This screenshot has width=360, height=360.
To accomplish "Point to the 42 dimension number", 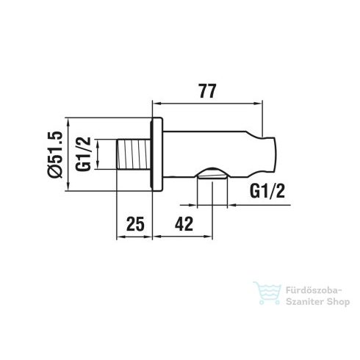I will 185,223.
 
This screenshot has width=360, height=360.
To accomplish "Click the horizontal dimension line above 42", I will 184,236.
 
